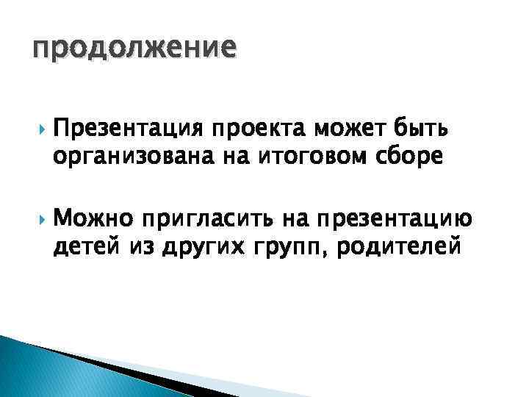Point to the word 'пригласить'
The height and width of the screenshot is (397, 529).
[x=208, y=219]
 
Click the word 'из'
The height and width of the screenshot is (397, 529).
[x=137, y=245]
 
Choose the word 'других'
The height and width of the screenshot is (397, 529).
[x=195, y=245]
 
